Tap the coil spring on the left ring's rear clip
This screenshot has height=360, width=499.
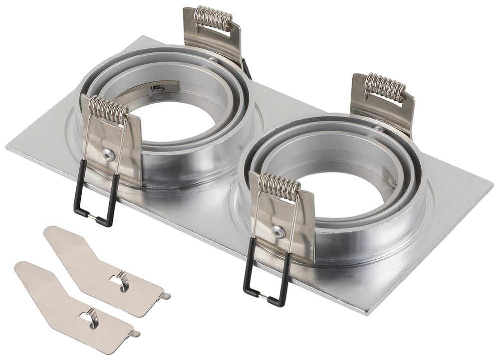click(x=213, y=17)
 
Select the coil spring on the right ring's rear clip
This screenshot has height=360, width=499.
click(x=385, y=87)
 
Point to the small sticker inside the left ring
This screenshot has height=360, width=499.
click(x=158, y=88)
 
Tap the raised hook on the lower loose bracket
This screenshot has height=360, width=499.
click(x=92, y=318)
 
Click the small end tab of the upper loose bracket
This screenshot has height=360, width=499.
click(x=164, y=296)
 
